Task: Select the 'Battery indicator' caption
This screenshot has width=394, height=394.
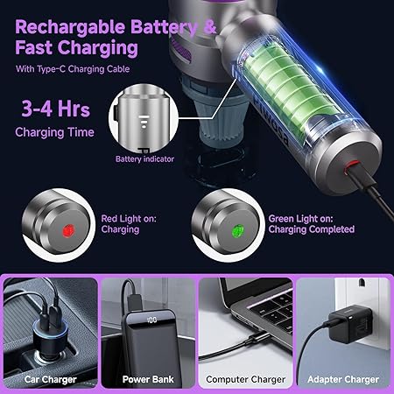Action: coord(144,159)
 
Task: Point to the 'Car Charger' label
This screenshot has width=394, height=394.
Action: coord(50,379)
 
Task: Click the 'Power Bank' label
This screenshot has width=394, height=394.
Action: coord(146,379)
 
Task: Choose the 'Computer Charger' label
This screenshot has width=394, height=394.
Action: coord(245,379)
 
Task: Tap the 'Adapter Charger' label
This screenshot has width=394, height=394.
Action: coord(343,379)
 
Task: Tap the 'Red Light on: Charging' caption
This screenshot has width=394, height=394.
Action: coord(120,223)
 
